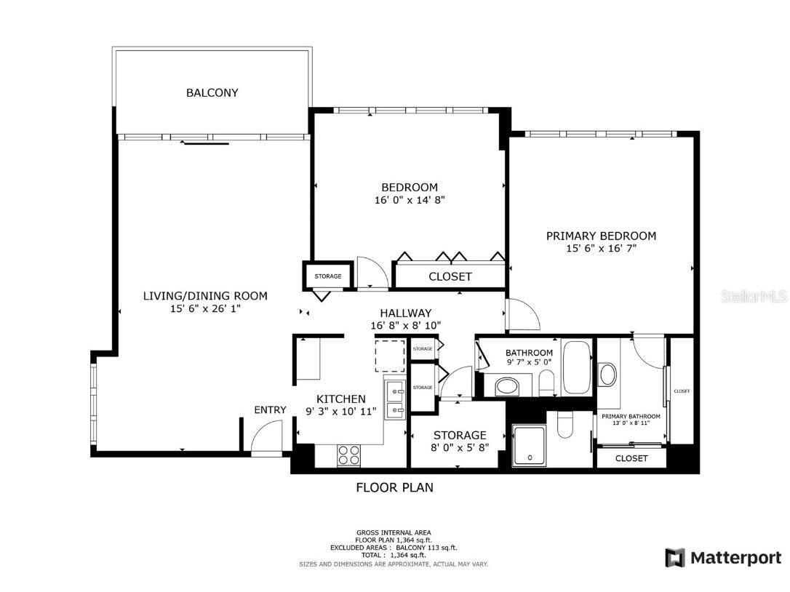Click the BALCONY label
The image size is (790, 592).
pos(212,92)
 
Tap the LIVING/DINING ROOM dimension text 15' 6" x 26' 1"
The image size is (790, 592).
pos(205,308)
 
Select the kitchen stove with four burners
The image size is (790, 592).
pos(348,455)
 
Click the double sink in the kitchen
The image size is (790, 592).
pos(395,400)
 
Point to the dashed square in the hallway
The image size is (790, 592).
pos(390,356)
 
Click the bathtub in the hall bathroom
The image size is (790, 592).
pos(576,367)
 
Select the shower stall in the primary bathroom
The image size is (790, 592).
pos(529,445)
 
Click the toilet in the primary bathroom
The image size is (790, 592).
pos(564,424)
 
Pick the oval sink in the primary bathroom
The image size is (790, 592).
pos(607,375)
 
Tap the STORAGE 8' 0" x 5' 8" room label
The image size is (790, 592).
pos(460,441)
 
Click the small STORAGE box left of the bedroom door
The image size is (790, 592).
pos(328,276)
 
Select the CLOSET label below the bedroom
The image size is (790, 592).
pos(450,276)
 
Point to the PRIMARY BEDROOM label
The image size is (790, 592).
pos(601,236)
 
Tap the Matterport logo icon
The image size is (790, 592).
pos(674,558)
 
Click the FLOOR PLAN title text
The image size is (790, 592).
pos(394,487)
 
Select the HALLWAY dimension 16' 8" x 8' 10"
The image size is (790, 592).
pos(406,326)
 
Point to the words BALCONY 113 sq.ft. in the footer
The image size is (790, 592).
pos(427,548)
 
